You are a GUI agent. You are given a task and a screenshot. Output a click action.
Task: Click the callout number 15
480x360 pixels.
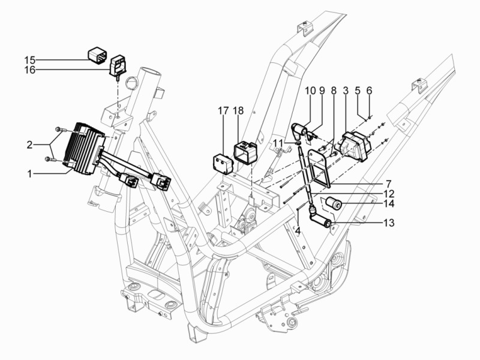30,60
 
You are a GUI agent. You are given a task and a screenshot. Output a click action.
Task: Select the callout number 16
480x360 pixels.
30,70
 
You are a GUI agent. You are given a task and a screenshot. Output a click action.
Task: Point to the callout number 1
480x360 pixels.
29,174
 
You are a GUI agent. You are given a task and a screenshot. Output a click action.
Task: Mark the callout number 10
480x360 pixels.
310,91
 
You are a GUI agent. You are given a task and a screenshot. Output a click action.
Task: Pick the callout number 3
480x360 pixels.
346,91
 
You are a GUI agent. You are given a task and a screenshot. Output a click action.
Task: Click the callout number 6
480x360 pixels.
369,91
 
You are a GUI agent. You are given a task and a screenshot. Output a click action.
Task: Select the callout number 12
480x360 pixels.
389,194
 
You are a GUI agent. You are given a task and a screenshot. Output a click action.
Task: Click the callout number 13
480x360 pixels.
389,223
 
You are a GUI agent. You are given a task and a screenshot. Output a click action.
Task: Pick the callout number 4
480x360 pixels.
298,229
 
